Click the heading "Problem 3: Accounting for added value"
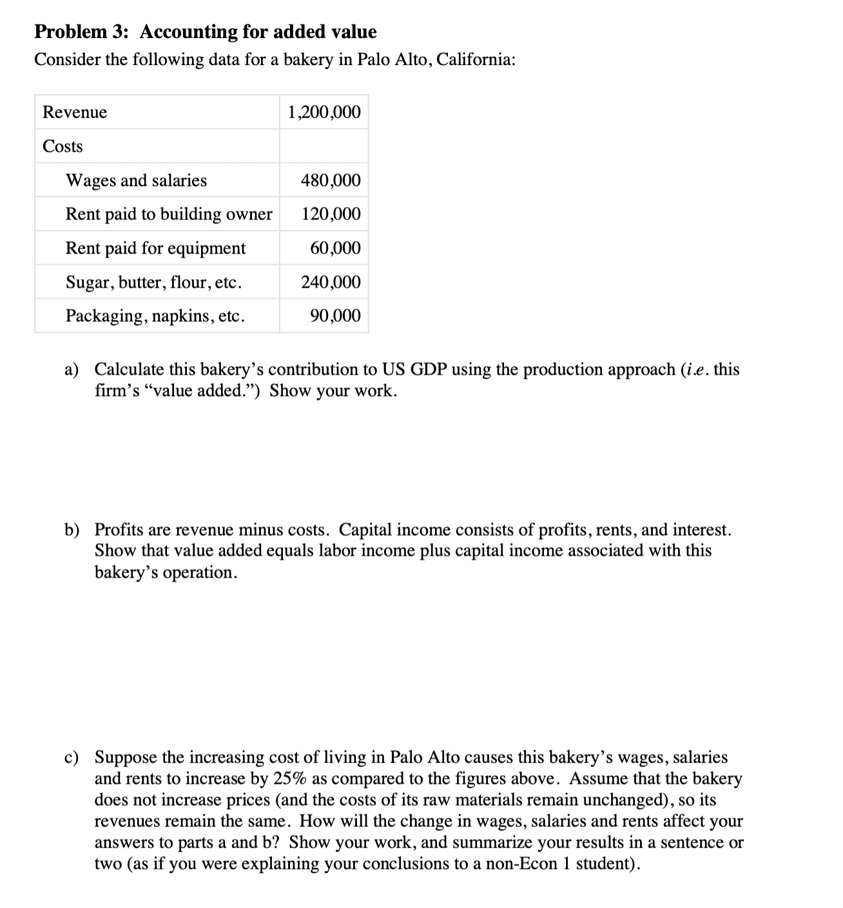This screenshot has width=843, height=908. pos(205,32)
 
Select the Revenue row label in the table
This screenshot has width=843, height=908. pos(75,112)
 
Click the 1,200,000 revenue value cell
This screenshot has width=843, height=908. pos(324,112)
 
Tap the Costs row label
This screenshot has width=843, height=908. pos(63,146)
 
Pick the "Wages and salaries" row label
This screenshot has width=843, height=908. pos(136,180)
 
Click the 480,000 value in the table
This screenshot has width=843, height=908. pos(331,180)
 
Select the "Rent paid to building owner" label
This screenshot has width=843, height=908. pos(169,214)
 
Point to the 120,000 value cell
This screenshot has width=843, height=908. pos(331,214)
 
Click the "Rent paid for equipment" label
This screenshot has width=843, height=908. pos(155,248)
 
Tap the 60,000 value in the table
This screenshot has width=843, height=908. pos(335,248)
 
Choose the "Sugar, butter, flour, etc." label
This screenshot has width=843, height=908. pos(154,282)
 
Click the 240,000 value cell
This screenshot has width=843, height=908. pos(331,282)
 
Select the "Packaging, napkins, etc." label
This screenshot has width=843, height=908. pos(155,316)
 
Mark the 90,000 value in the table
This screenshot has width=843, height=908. pos(335,316)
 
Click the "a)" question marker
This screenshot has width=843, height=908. pos(71,370)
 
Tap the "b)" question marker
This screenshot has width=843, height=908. pos(72,530)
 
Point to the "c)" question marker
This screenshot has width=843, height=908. pos(71,757)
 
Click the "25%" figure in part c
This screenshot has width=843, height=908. pos(290,779)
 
